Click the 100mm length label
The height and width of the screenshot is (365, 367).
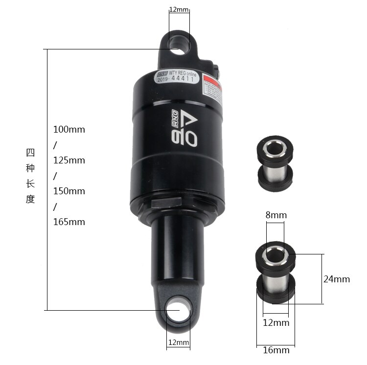tap(69, 130)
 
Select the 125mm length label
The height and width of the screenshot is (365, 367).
tap(69, 160)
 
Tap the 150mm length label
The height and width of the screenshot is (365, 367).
tap(69, 191)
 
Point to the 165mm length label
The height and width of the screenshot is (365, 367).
tap(69, 222)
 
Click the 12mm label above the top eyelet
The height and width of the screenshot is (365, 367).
tap(179, 10)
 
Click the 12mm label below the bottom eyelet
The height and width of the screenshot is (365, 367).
tap(178, 342)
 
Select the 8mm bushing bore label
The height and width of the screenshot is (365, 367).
tap(276, 215)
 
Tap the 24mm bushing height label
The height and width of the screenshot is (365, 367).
tap(337, 279)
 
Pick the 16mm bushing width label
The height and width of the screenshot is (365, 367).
tap(276, 350)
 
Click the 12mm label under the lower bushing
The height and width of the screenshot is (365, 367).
tap(276, 323)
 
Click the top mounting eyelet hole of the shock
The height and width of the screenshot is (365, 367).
tap(179, 45)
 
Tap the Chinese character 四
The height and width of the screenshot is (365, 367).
tap(30, 153)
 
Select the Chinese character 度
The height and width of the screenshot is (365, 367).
tap(30, 200)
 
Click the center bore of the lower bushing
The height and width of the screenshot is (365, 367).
tap(275, 254)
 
